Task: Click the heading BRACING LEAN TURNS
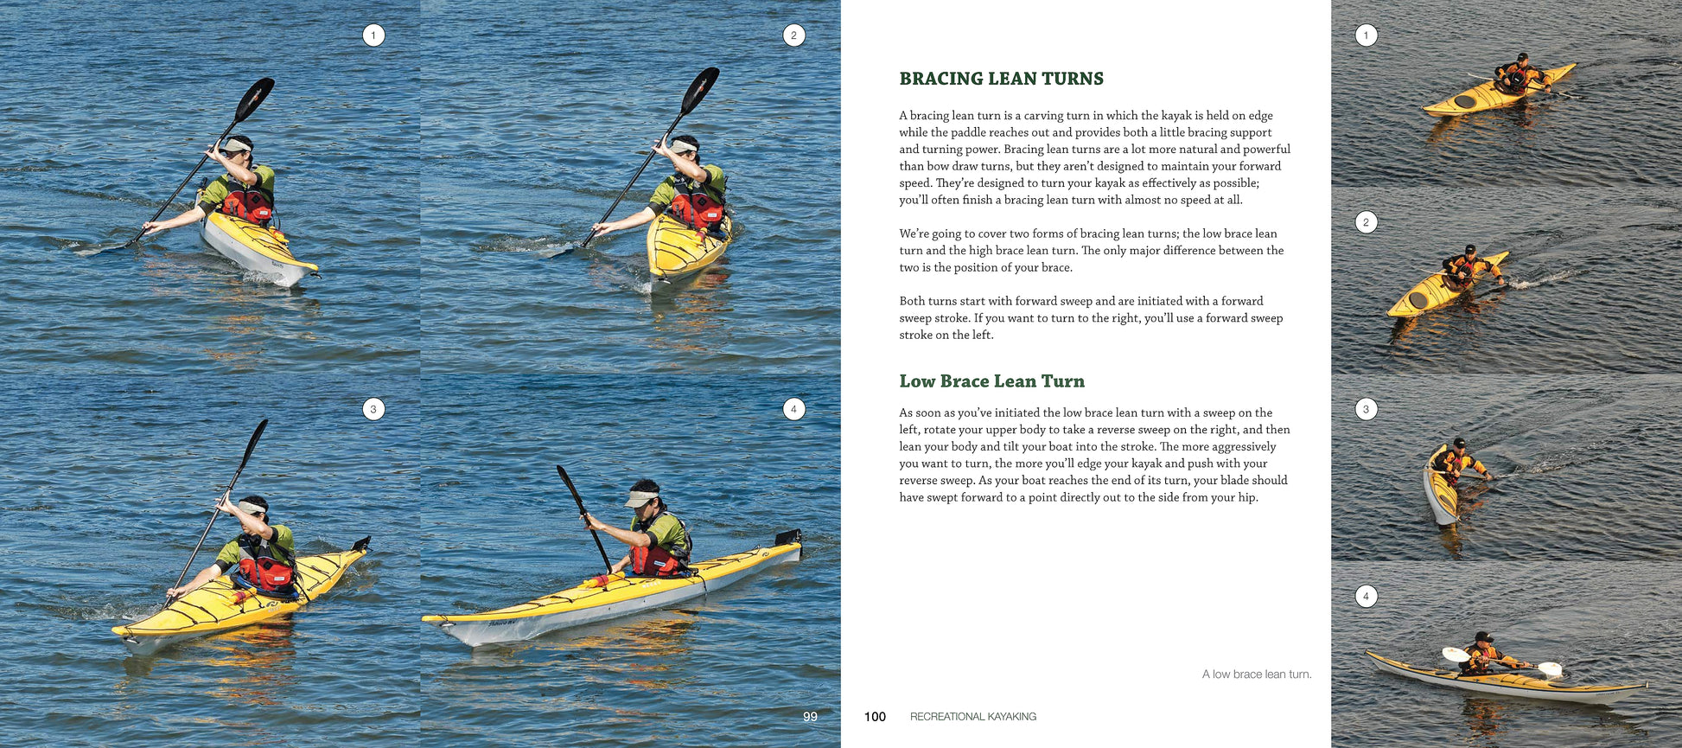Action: tap(1001, 79)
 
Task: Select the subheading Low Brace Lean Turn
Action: tap(991, 381)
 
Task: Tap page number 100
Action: tap(875, 717)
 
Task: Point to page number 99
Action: tap(810, 717)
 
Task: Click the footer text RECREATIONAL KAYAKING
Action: tap(972, 717)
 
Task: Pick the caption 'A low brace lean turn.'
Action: tap(1256, 674)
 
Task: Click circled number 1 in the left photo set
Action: tap(373, 35)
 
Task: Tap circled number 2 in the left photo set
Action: tap(793, 35)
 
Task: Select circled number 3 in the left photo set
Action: tap(373, 409)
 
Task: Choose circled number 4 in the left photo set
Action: tap(793, 409)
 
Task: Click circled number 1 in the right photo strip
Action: tap(1366, 35)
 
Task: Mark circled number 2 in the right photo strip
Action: tap(1366, 222)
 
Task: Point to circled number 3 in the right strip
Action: tap(1366, 409)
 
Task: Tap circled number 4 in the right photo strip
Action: tap(1366, 596)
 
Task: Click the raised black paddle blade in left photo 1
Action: tap(255, 98)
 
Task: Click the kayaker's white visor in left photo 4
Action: tap(640, 499)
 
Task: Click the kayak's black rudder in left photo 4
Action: tap(789, 537)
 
